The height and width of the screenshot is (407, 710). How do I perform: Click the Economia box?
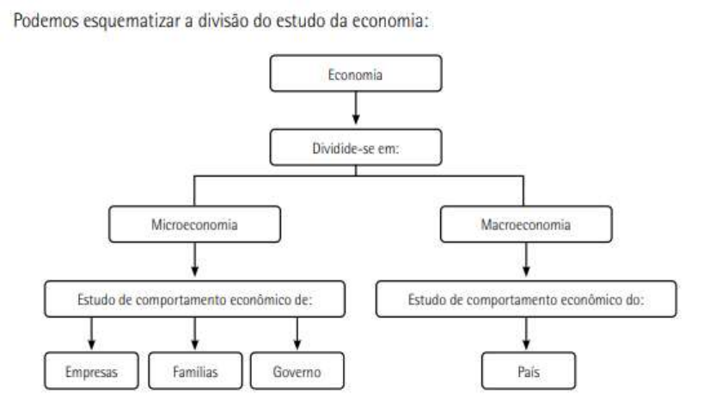pyautogui.click(x=355, y=74)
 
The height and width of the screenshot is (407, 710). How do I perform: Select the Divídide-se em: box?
pyautogui.click(x=355, y=147)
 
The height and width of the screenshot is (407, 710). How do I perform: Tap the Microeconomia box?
pyautogui.click(x=194, y=225)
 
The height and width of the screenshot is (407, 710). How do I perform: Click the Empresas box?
pyautogui.click(x=91, y=373)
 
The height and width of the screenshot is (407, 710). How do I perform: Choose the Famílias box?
pyautogui.click(x=195, y=373)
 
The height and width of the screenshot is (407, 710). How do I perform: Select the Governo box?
pyautogui.click(x=297, y=373)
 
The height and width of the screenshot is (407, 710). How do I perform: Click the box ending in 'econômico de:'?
pyautogui.click(x=194, y=300)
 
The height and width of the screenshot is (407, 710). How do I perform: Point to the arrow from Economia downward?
pyautogui.click(x=355, y=110)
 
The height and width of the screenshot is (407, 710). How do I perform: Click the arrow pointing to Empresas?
pyautogui.click(x=91, y=336)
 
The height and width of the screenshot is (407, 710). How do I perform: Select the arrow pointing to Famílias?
pyautogui.click(x=195, y=336)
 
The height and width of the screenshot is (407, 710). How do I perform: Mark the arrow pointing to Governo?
pyautogui.click(x=297, y=336)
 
